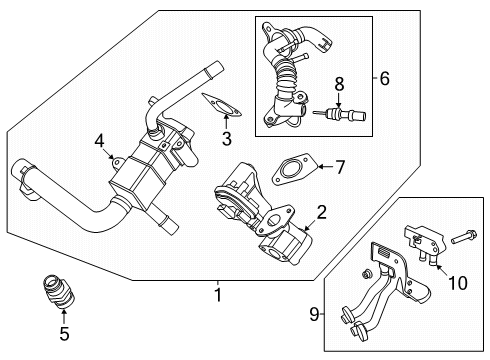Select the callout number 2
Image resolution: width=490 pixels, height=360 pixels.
[x=322, y=211]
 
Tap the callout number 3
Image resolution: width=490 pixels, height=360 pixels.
[x=226, y=139]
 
